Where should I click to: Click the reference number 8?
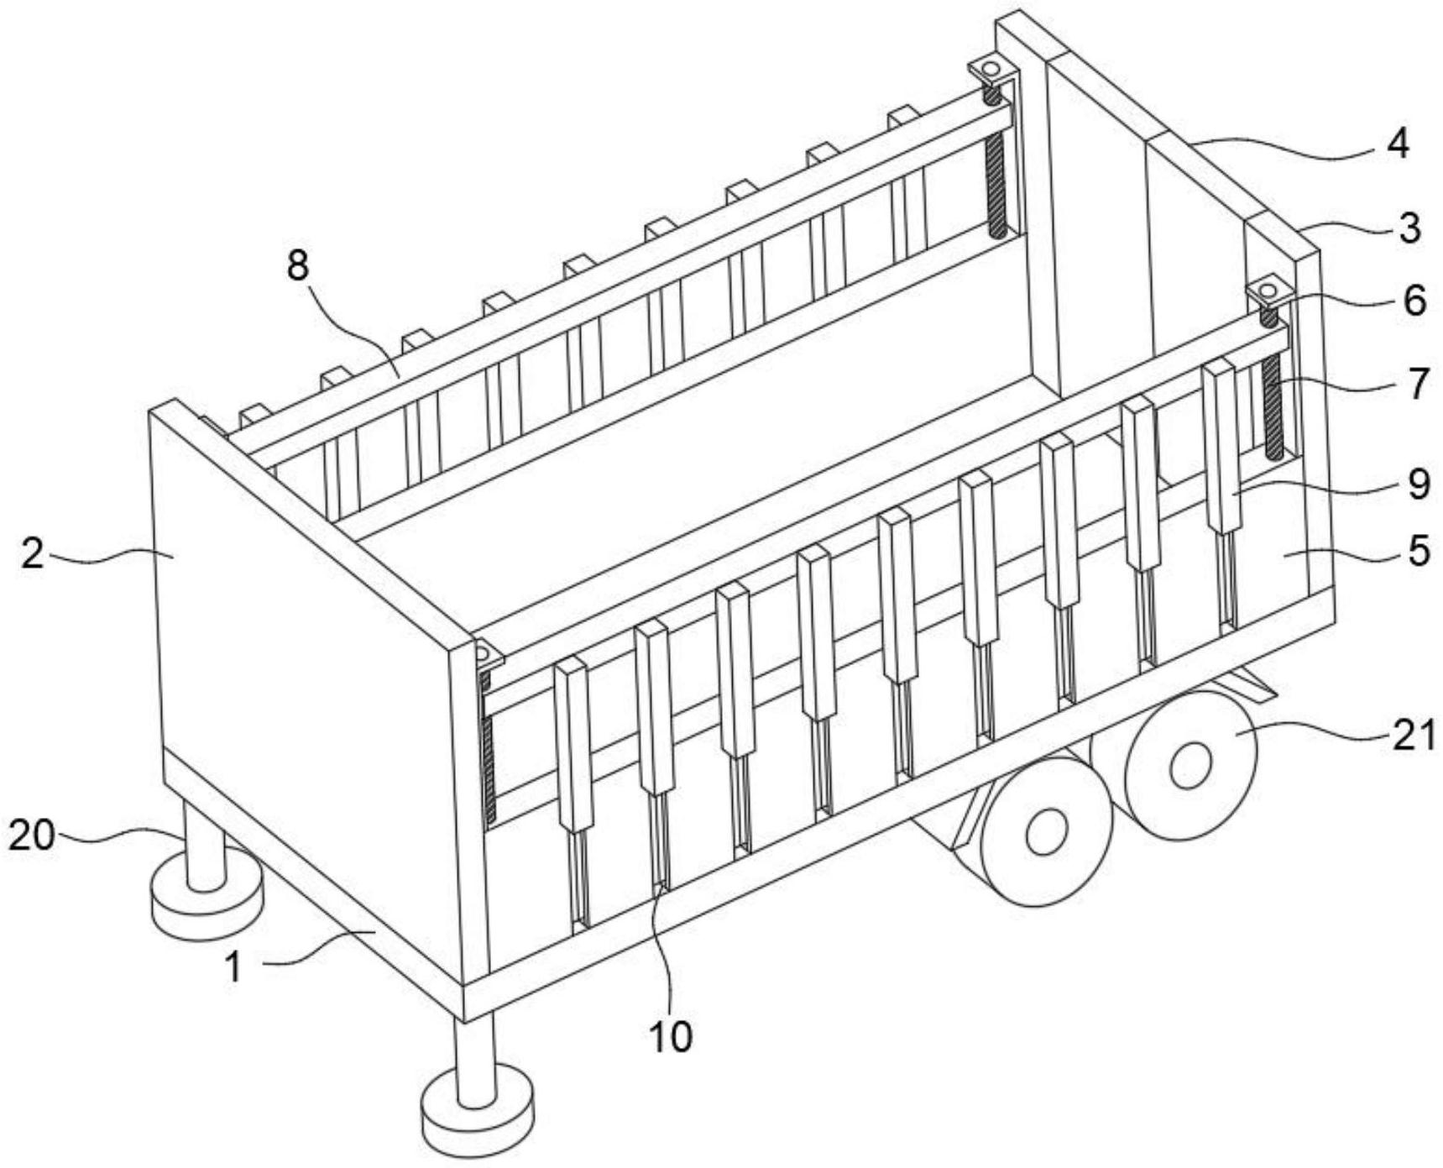coord(298,266)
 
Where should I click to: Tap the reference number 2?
coord(33,554)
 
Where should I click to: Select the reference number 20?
coord(32,835)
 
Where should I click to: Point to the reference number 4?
coord(1398,144)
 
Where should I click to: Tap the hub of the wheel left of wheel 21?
coord(1047,832)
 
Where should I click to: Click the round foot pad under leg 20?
coord(207,898)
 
